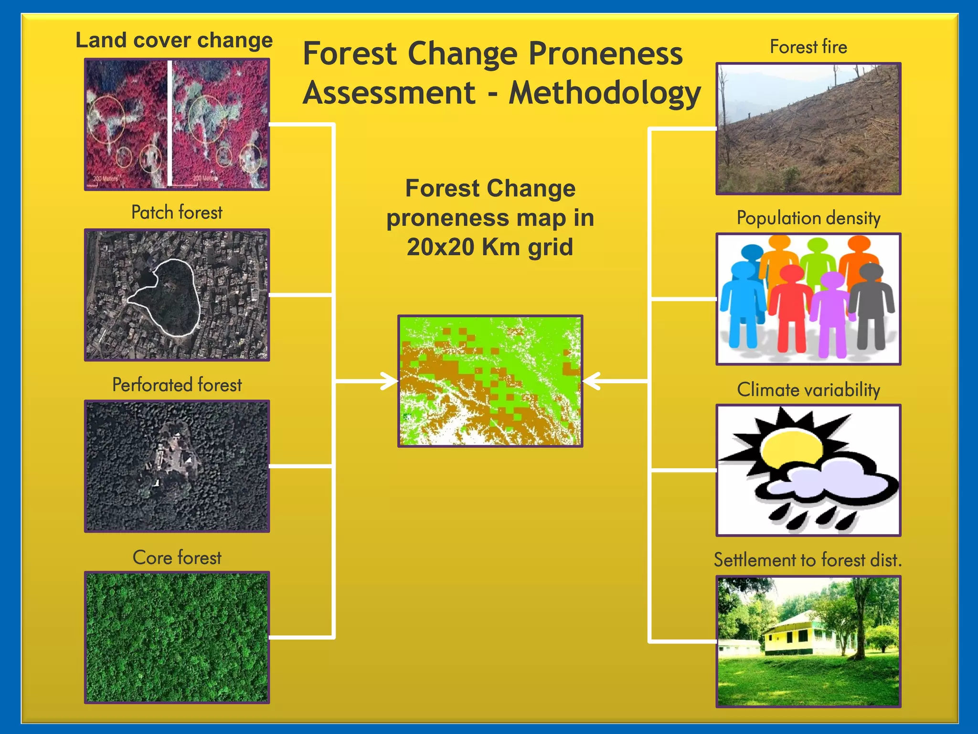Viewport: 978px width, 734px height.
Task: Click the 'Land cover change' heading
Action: [x=174, y=40]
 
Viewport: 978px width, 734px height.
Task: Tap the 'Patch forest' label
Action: [x=177, y=212]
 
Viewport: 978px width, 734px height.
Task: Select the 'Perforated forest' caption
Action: [x=177, y=385]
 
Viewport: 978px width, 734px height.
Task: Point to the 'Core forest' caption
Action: [x=177, y=558]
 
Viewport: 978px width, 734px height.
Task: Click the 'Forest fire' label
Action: [x=808, y=47]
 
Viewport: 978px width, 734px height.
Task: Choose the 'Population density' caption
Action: [x=808, y=218]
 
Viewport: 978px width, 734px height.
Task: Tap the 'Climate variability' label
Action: [x=808, y=389]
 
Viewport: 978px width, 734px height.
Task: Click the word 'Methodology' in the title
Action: [x=605, y=93]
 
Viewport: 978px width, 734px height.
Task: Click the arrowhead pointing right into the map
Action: [x=390, y=381]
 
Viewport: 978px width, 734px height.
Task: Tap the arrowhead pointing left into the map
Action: [x=591, y=381]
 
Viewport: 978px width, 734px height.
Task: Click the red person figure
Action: [x=790, y=311]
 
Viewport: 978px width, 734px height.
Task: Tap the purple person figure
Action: [x=831, y=315]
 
